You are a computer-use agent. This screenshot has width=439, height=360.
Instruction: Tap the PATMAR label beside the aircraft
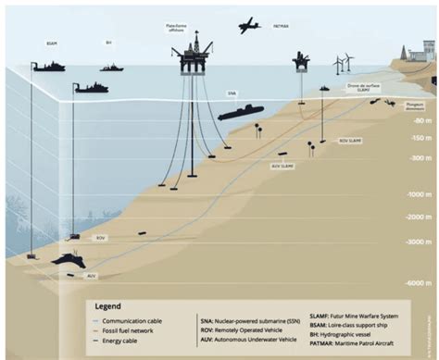282,29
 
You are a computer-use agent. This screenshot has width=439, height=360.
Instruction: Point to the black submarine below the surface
239,113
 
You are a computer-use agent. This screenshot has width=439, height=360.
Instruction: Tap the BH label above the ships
108,43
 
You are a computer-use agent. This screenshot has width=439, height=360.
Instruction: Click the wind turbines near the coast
343,64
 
